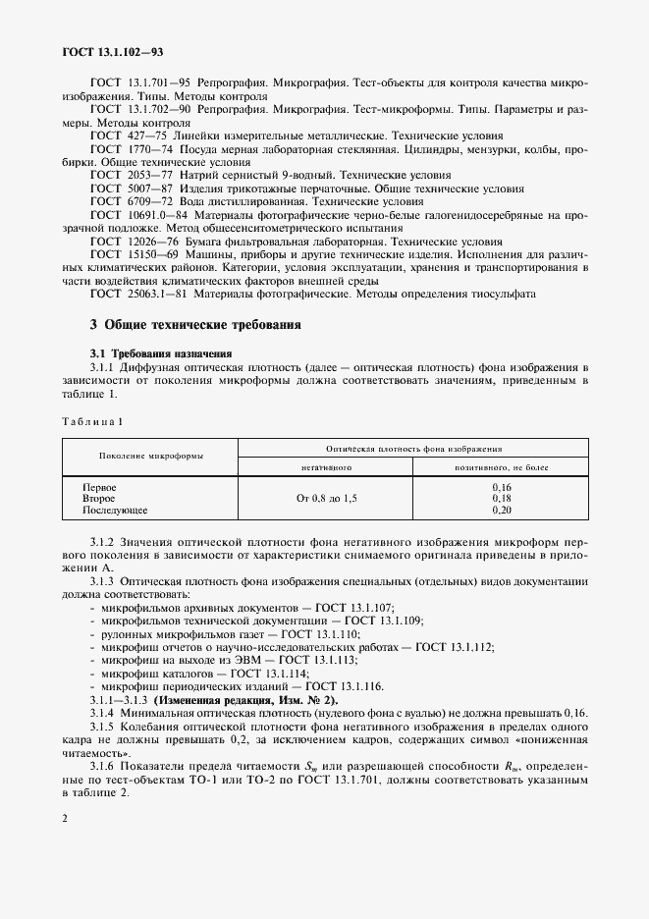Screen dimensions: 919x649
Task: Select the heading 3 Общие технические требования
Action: pos(195,324)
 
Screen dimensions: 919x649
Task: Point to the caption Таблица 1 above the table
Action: pos(93,421)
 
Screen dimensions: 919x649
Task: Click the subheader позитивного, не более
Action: pos(501,468)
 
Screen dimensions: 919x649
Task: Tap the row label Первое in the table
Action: pos(100,487)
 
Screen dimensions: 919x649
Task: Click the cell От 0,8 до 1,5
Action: pos(326,499)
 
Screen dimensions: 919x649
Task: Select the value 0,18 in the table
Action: pos(501,499)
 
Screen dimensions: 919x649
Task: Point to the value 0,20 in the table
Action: pos(501,511)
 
